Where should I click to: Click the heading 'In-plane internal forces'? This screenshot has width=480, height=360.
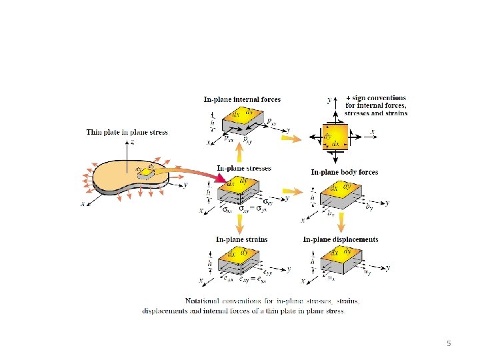click(242, 99)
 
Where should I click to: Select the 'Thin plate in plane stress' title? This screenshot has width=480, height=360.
click(127, 132)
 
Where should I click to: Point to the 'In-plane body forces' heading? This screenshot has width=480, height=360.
click(345, 172)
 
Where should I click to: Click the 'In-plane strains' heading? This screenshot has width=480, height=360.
click(241, 239)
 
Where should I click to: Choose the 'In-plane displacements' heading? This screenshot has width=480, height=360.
click(341, 239)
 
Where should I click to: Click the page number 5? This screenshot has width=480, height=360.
click(449, 343)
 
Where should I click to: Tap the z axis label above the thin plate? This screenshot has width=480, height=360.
click(133, 143)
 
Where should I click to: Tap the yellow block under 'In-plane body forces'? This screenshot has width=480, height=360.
click(340, 193)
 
